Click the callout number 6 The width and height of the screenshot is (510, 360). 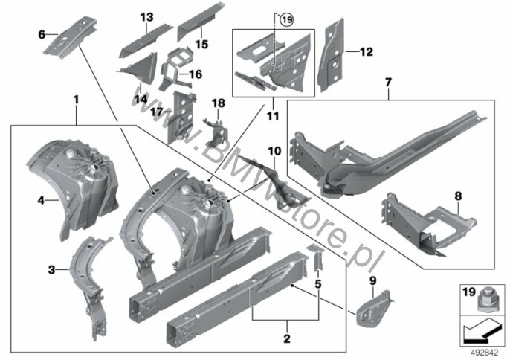[x=42, y=34]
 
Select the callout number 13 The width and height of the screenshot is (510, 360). [x=146, y=17]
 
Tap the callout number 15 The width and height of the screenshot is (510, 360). [x=201, y=44]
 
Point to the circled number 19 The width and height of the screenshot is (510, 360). [x=287, y=20]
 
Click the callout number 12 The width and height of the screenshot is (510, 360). [x=367, y=52]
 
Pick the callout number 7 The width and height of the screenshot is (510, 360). [x=388, y=83]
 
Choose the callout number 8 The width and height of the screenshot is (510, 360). [x=458, y=196]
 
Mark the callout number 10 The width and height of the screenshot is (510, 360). [x=274, y=151]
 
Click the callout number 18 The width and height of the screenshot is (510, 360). [x=219, y=103]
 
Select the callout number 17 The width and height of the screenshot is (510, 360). [x=157, y=112]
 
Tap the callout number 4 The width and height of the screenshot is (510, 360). [x=41, y=200]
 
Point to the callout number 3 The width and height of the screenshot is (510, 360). [x=51, y=270]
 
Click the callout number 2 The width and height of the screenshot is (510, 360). [x=286, y=338]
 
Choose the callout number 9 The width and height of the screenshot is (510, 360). [x=373, y=280]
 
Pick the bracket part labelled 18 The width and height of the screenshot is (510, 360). [x=216, y=134]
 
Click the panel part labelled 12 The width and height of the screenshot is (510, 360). [x=331, y=55]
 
